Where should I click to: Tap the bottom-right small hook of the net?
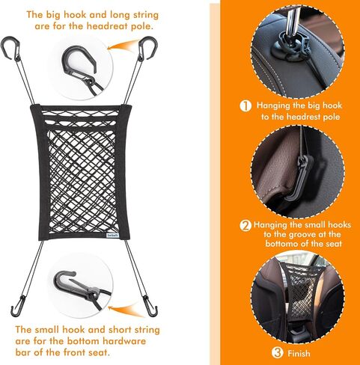tap(151, 309)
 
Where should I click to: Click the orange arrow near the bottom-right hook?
tap(125, 310)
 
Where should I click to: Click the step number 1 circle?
tap(245, 105)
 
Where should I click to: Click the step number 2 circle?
tap(245, 225)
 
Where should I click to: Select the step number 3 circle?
tap(278, 352)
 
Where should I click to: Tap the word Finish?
tap(299, 353)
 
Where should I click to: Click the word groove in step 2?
tap(302, 234)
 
